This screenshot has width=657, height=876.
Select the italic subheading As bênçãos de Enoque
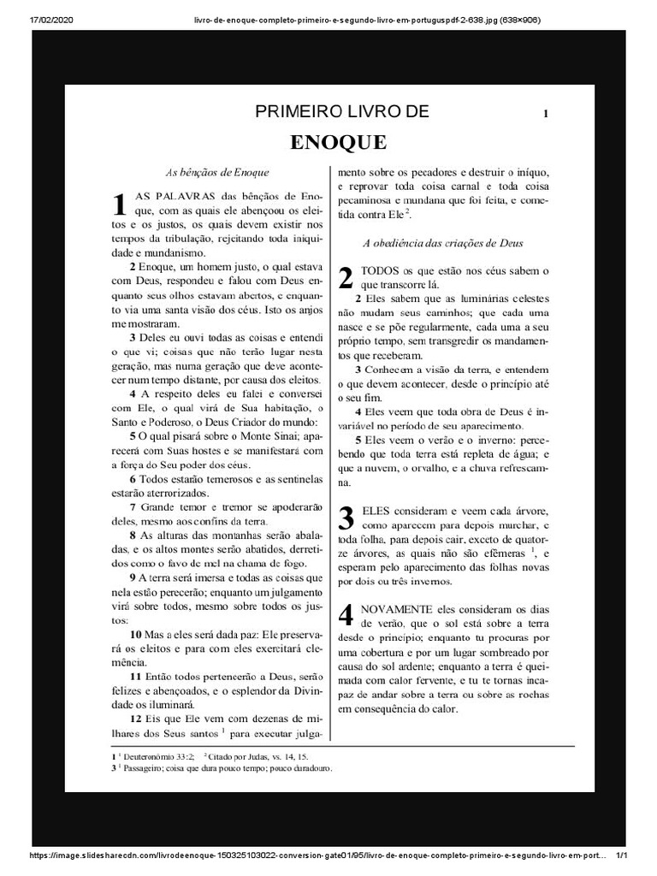[x=217, y=172]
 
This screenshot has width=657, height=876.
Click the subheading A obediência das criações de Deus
[x=443, y=243]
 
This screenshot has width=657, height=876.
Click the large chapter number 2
[x=346, y=277]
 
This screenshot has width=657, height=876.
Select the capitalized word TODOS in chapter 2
[x=382, y=270]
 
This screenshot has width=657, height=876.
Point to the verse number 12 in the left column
[x=135, y=718]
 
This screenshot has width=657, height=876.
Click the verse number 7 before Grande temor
[x=133, y=506]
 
